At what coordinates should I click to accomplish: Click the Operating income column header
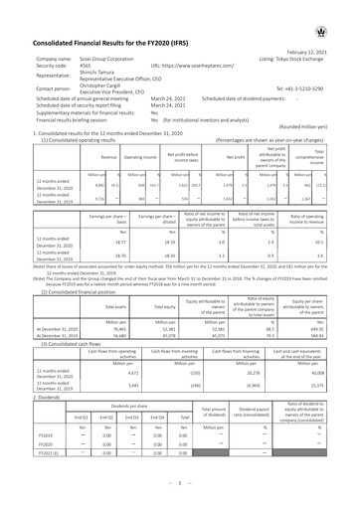pos(140,156)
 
